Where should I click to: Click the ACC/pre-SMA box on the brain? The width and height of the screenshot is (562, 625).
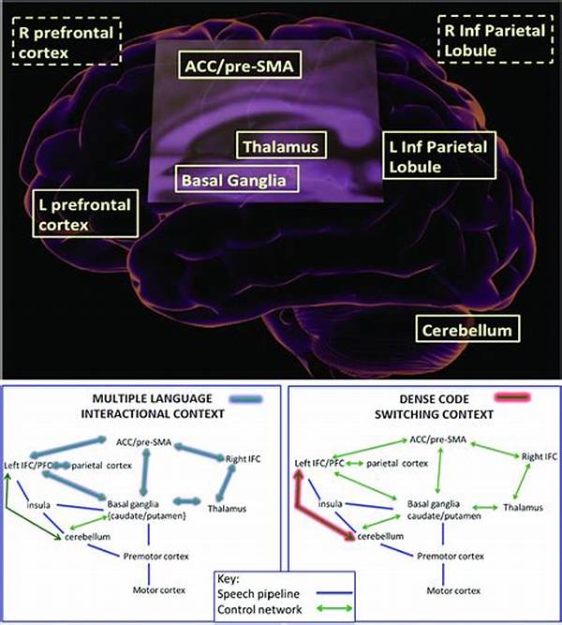[240, 65]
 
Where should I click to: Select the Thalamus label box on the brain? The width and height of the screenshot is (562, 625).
[281, 145]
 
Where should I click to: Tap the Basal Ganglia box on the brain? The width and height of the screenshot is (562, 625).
[237, 179]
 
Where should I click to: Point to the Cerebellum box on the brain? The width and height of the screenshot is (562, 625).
[467, 329]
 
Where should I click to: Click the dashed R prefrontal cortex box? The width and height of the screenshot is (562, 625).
[67, 40]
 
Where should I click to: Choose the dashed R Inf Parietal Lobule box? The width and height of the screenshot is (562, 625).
[495, 39]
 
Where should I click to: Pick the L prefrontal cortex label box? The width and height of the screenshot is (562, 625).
[85, 214]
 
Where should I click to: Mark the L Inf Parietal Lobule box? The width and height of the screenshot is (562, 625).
[439, 156]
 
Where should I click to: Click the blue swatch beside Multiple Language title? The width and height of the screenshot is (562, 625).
[246, 399]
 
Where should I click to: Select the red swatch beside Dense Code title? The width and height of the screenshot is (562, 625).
[512, 397]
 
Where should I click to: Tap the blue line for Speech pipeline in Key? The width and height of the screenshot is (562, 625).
[334, 593]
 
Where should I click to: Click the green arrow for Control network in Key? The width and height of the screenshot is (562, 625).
[334, 609]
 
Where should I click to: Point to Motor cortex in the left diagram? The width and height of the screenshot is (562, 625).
[159, 590]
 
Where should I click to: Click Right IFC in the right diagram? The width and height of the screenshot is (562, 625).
[540, 456]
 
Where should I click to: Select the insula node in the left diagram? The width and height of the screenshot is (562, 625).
[38, 505]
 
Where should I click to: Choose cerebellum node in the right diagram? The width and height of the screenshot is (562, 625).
[380, 536]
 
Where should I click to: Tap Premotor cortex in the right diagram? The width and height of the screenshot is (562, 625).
[451, 556]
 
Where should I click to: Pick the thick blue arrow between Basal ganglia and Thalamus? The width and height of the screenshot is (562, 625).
[187, 501]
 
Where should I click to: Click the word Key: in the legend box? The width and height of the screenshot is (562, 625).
[228, 579]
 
